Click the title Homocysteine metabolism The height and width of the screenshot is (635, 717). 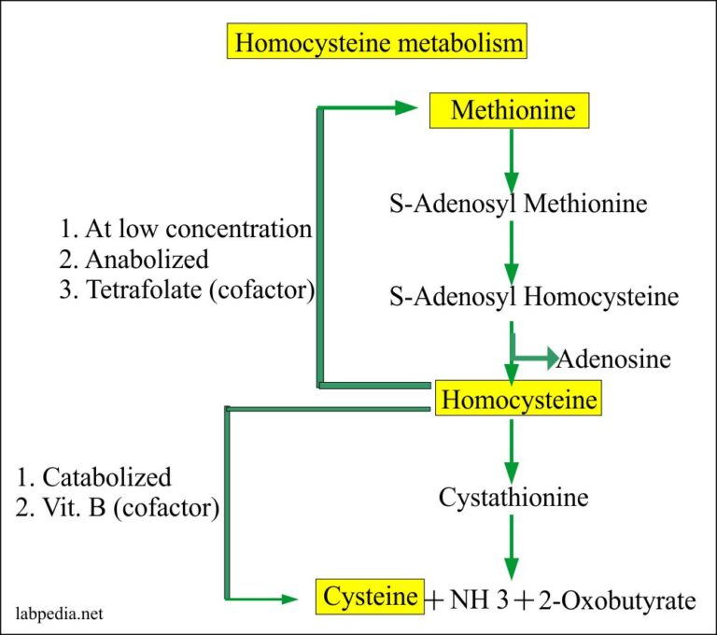pos(378,43)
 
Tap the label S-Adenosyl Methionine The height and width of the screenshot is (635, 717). pos(517,202)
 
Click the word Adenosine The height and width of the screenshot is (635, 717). pos(615,358)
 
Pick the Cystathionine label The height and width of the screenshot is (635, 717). pos(513,497)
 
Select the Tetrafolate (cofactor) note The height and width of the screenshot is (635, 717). pos(186,289)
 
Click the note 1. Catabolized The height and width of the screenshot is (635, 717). pos(94,477)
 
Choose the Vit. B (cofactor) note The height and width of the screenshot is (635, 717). pos(117,508)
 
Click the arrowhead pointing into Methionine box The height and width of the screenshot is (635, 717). pos(405,108)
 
